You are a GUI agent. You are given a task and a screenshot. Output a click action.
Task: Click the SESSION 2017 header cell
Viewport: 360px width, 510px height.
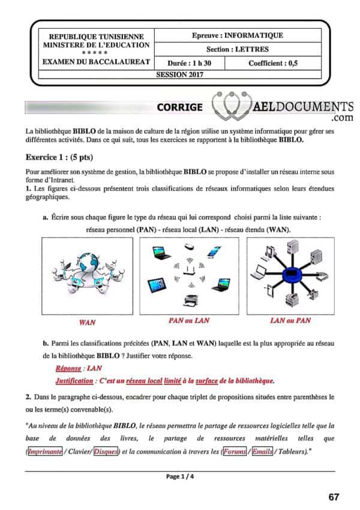point(179,74)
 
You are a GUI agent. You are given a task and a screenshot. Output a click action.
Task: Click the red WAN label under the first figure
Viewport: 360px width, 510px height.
point(87,322)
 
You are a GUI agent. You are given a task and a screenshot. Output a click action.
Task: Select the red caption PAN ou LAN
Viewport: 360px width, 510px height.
point(189,320)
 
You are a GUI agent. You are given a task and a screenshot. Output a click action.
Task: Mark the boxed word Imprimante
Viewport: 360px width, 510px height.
point(44,451)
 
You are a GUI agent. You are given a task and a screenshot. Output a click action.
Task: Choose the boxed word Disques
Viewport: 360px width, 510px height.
point(106,451)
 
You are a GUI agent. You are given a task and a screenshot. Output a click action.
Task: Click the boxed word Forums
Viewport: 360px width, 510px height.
point(234,451)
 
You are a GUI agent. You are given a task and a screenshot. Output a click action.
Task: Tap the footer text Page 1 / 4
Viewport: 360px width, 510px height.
point(179,477)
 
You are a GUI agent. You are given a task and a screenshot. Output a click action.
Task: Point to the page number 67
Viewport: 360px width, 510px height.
point(334,497)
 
